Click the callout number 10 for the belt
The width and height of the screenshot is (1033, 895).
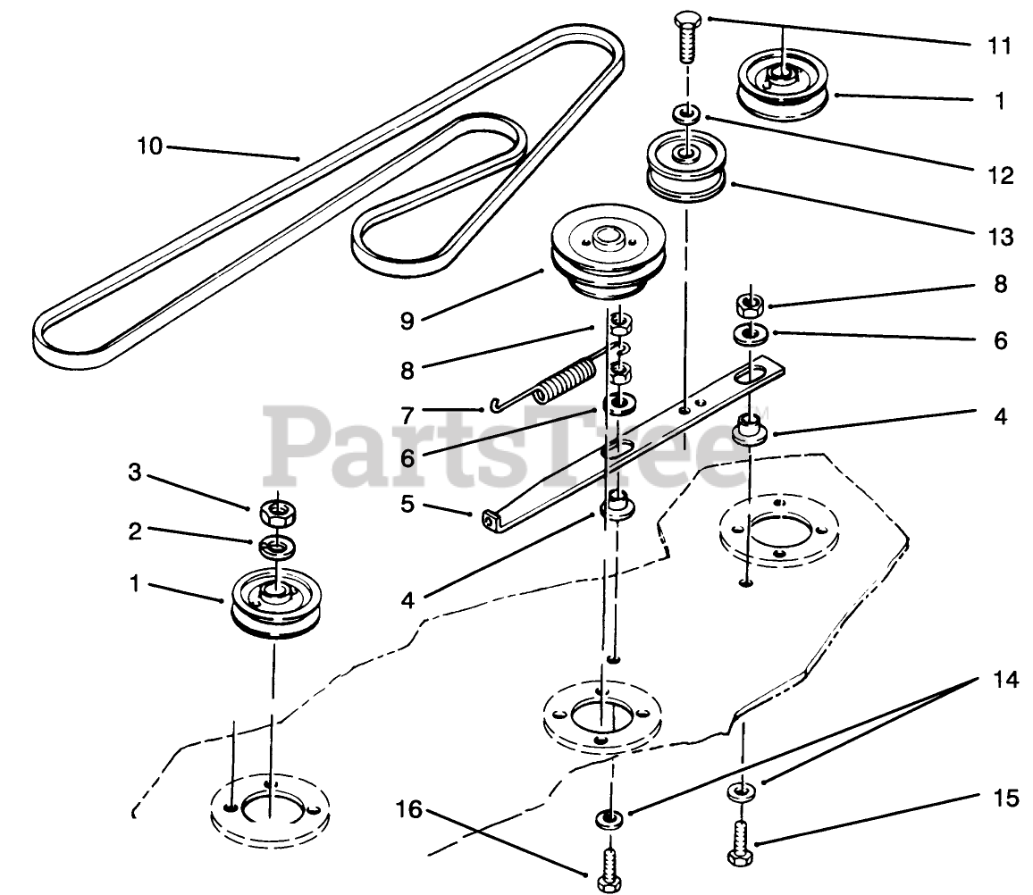point(149,145)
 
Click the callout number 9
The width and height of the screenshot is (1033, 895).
point(407,320)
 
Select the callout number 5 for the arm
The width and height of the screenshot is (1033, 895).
point(407,504)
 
